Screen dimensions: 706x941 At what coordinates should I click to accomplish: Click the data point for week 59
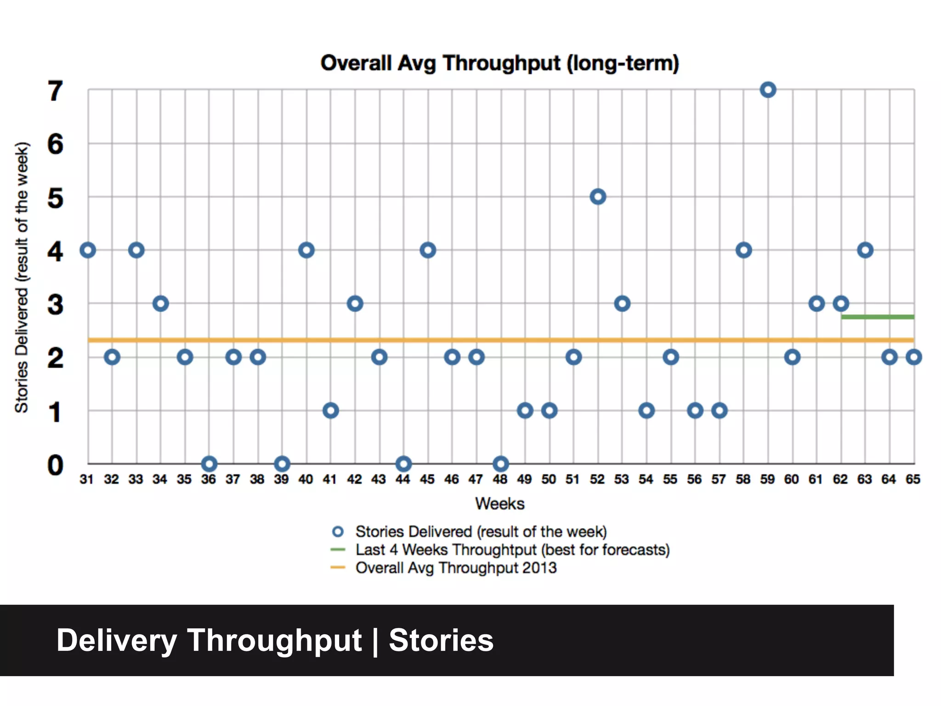[768, 90]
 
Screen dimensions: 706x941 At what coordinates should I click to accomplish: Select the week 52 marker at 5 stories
[598, 197]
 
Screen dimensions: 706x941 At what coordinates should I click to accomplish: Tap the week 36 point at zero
[209, 463]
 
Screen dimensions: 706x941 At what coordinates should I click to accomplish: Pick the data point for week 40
[306, 250]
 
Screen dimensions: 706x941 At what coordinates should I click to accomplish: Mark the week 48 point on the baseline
[501, 463]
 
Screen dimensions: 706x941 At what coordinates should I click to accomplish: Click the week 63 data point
[865, 250]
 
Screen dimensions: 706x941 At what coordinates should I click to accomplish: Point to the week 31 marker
[88, 250]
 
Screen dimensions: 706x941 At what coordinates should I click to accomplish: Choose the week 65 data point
[914, 357]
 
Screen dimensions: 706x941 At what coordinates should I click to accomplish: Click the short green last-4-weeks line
[878, 317]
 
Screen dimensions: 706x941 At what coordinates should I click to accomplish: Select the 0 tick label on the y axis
[55, 465]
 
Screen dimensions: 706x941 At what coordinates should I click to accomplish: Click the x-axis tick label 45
[427, 479]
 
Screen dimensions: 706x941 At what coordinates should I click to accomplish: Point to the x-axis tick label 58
[743, 479]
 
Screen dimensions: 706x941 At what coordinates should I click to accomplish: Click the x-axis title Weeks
[500, 504]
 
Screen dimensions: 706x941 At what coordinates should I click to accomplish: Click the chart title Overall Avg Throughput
[500, 63]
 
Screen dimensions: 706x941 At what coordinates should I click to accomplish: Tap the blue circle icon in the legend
[338, 532]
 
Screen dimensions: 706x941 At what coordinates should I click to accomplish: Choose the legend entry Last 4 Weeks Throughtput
[512, 550]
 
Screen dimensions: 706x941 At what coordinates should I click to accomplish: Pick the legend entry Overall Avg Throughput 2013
[456, 568]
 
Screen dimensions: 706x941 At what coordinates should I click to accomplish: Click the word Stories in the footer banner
[441, 640]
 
